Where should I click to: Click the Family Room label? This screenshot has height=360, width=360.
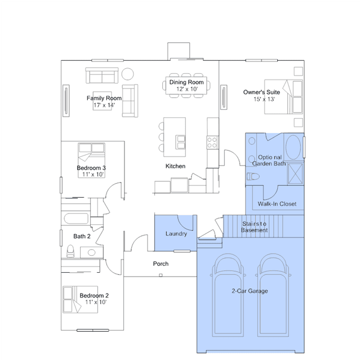pyautogui.click(x=104, y=98)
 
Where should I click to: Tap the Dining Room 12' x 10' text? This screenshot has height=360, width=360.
pyautogui.click(x=186, y=86)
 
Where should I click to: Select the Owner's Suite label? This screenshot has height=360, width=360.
pyautogui.click(x=261, y=92)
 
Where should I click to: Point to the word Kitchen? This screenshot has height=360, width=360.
pyautogui.click(x=175, y=166)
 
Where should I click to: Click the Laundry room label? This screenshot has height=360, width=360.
pyautogui.click(x=176, y=234)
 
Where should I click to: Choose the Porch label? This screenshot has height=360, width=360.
pyautogui.click(x=161, y=264)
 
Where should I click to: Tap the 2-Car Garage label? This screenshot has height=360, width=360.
pyautogui.click(x=250, y=291)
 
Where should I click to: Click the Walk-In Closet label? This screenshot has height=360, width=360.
pyautogui.click(x=277, y=203)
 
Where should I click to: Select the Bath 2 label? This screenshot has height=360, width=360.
pyautogui.click(x=82, y=236)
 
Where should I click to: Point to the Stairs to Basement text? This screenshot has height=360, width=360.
pyautogui.click(x=254, y=227)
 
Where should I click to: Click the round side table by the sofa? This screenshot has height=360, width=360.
pyautogui.click(x=128, y=74)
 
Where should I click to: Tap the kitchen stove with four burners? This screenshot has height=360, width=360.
pyautogui.click(x=212, y=143)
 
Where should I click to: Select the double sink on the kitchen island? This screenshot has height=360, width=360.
pyautogui.click(x=181, y=142)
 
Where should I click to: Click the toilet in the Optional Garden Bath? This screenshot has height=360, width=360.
pyautogui.click(x=253, y=176)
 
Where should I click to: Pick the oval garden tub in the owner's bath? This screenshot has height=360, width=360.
pyautogui.click(x=293, y=147)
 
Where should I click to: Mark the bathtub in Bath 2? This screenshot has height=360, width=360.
pyautogui.click(x=76, y=219)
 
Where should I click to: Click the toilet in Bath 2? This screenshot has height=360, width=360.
pyautogui.click(x=70, y=251)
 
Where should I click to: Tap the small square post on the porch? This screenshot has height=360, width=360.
pyautogui.click(x=161, y=275)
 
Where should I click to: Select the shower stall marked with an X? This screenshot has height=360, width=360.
pyautogui.click(x=295, y=174)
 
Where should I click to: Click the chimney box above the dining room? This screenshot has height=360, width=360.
pyautogui.click(x=179, y=51)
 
